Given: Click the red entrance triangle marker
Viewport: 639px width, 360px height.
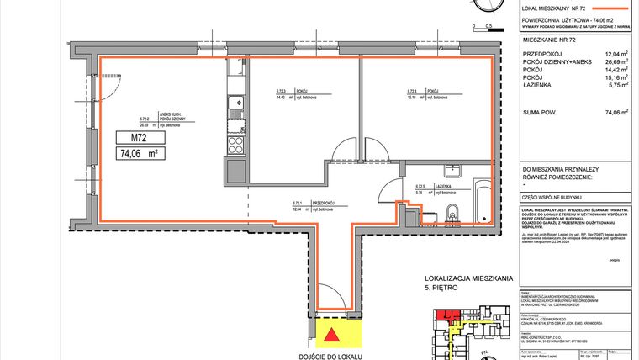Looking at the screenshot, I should (x=333, y=336).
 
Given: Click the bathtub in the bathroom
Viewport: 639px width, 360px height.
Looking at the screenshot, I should (x=482, y=201).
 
